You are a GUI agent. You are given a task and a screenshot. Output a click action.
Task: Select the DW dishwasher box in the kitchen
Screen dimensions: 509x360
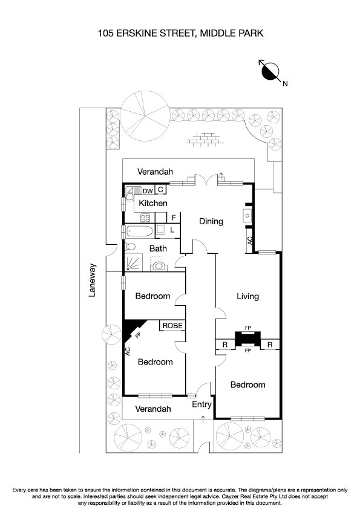[148, 190]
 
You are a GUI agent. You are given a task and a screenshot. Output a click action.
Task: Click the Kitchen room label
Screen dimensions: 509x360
[153, 203]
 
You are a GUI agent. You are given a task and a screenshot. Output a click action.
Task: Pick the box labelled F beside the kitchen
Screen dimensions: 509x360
[173, 218]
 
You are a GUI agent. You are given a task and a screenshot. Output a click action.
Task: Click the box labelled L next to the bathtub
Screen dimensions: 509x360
[172, 230]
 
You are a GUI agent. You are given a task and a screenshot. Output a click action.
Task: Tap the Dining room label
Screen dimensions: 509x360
[211, 221]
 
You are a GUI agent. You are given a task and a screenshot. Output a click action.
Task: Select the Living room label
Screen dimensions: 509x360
[247, 296]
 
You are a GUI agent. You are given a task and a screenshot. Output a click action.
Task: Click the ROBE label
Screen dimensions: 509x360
[172, 326]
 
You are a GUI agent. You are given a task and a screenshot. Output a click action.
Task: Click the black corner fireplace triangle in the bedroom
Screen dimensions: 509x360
[129, 328]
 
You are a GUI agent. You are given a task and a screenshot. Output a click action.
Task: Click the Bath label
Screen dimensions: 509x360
[158, 248]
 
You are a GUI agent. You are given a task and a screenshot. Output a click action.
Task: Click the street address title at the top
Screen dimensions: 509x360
[180, 34]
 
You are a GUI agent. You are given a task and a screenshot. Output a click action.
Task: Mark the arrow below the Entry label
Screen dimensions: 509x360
[203, 417]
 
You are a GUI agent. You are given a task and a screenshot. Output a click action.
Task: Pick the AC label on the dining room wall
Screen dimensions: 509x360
[250, 240]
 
